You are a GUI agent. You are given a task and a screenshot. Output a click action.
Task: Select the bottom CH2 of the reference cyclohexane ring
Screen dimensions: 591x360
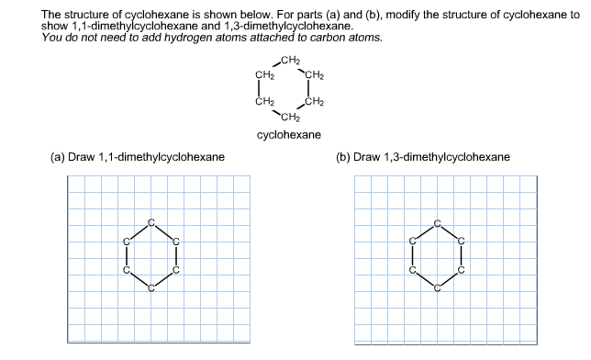289,118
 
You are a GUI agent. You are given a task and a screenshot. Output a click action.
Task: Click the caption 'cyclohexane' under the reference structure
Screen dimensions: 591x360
289,135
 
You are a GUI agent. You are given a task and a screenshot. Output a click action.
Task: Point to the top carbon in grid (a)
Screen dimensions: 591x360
152,221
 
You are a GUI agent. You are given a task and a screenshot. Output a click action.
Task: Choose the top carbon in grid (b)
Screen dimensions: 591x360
438,221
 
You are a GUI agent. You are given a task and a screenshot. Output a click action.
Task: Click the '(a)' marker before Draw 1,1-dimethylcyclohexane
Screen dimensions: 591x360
58,157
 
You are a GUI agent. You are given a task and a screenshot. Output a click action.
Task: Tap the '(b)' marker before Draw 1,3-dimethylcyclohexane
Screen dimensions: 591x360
343,157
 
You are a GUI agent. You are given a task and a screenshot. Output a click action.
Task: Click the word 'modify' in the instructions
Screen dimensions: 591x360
407,16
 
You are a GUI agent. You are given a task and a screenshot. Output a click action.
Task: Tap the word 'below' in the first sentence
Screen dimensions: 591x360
244,16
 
